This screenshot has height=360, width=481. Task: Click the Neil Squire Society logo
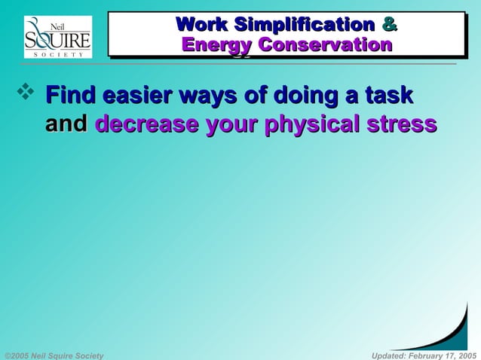point(58,37)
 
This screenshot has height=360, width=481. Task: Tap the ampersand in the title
point(389,24)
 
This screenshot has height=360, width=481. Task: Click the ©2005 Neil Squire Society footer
point(54,355)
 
